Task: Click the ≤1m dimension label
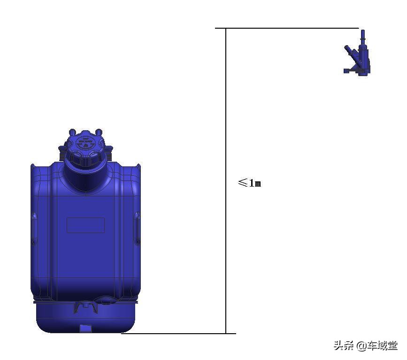[x=249, y=183]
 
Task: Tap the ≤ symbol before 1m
[x=243, y=182]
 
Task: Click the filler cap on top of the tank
[x=85, y=150]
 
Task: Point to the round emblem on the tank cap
[x=85, y=142]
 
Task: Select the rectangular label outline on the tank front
[x=85, y=225]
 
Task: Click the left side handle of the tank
[x=34, y=228]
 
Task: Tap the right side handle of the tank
[x=137, y=228]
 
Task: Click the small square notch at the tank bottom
[x=85, y=328]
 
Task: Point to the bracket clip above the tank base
[x=85, y=306]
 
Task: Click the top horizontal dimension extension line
[x=286, y=28]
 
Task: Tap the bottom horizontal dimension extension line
[x=178, y=334]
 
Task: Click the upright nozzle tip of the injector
[x=362, y=36]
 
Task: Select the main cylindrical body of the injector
[x=364, y=59]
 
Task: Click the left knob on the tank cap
[x=72, y=133]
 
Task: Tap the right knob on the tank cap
[x=99, y=132]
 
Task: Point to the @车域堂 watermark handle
[x=377, y=346]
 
